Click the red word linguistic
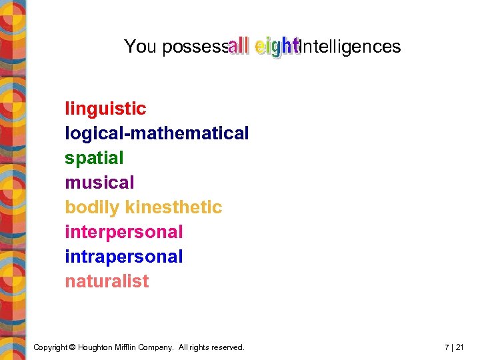(105, 109)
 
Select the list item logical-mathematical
(157, 133)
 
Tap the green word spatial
(94, 158)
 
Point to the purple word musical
(99, 183)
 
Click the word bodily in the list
(89, 207)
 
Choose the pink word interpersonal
(123, 232)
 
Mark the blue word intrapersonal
(123, 257)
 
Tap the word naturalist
(107, 281)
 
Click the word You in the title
(140, 47)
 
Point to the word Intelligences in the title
(350, 47)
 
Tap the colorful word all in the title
(239, 46)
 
